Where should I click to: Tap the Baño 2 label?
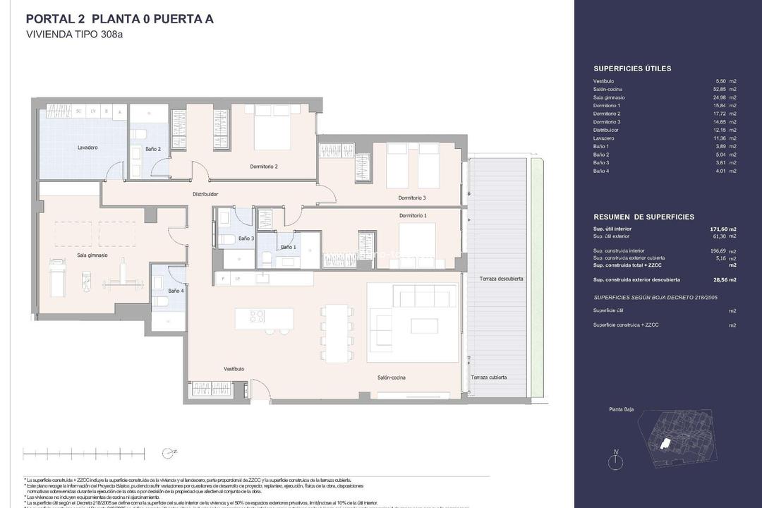click(153, 149)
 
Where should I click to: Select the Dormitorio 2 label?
click(264, 167)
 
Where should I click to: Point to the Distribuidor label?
click(205, 194)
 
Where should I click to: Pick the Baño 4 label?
click(176, 291)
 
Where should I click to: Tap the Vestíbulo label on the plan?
click(234, 369)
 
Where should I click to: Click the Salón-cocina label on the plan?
click(391, 377)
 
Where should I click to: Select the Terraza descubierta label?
click(502, 279)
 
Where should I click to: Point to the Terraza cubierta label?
click(489, 377)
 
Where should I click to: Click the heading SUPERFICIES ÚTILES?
click(632, 68)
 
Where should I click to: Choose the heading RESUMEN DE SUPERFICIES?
click(643, 217)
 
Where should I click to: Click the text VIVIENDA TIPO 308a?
click(74, 34)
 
